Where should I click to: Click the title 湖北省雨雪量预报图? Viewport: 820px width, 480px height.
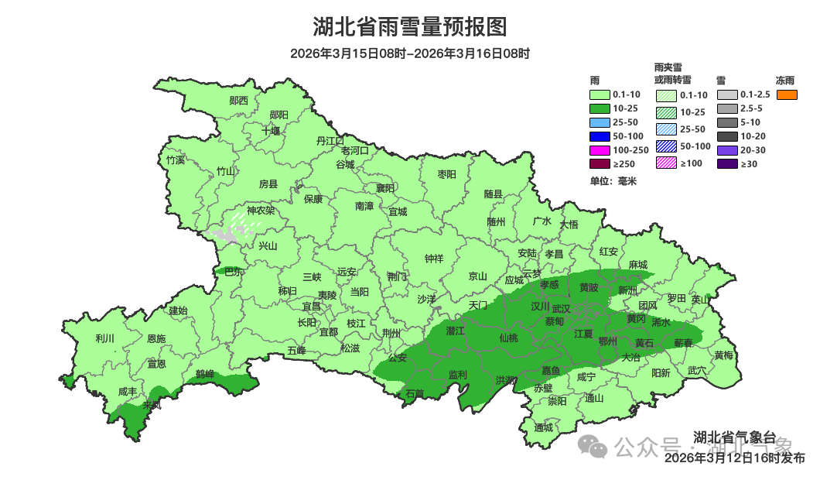click(409, 27)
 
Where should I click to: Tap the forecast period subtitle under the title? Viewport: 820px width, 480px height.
click(409, 53)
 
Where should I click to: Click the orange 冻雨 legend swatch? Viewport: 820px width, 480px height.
click(787, 94)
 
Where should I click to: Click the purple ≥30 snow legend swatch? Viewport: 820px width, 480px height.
click(726, 163)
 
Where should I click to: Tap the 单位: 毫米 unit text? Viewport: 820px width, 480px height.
click(613, 180)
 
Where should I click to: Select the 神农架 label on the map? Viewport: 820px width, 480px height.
click(261, 211)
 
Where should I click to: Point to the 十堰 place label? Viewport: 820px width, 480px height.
click(271, 131)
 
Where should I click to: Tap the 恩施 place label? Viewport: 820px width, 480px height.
click(156, 338)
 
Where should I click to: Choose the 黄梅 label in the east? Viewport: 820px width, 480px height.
click(724, 355)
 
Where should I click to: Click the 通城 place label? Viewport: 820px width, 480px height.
click(544, 427)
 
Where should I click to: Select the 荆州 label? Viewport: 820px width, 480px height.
click(391, 333)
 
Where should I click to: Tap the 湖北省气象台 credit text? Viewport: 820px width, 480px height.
click(734, 438)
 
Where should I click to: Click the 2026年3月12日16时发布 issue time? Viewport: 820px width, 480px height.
click(735, 458)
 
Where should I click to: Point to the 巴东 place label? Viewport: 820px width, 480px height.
click(233, 271)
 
